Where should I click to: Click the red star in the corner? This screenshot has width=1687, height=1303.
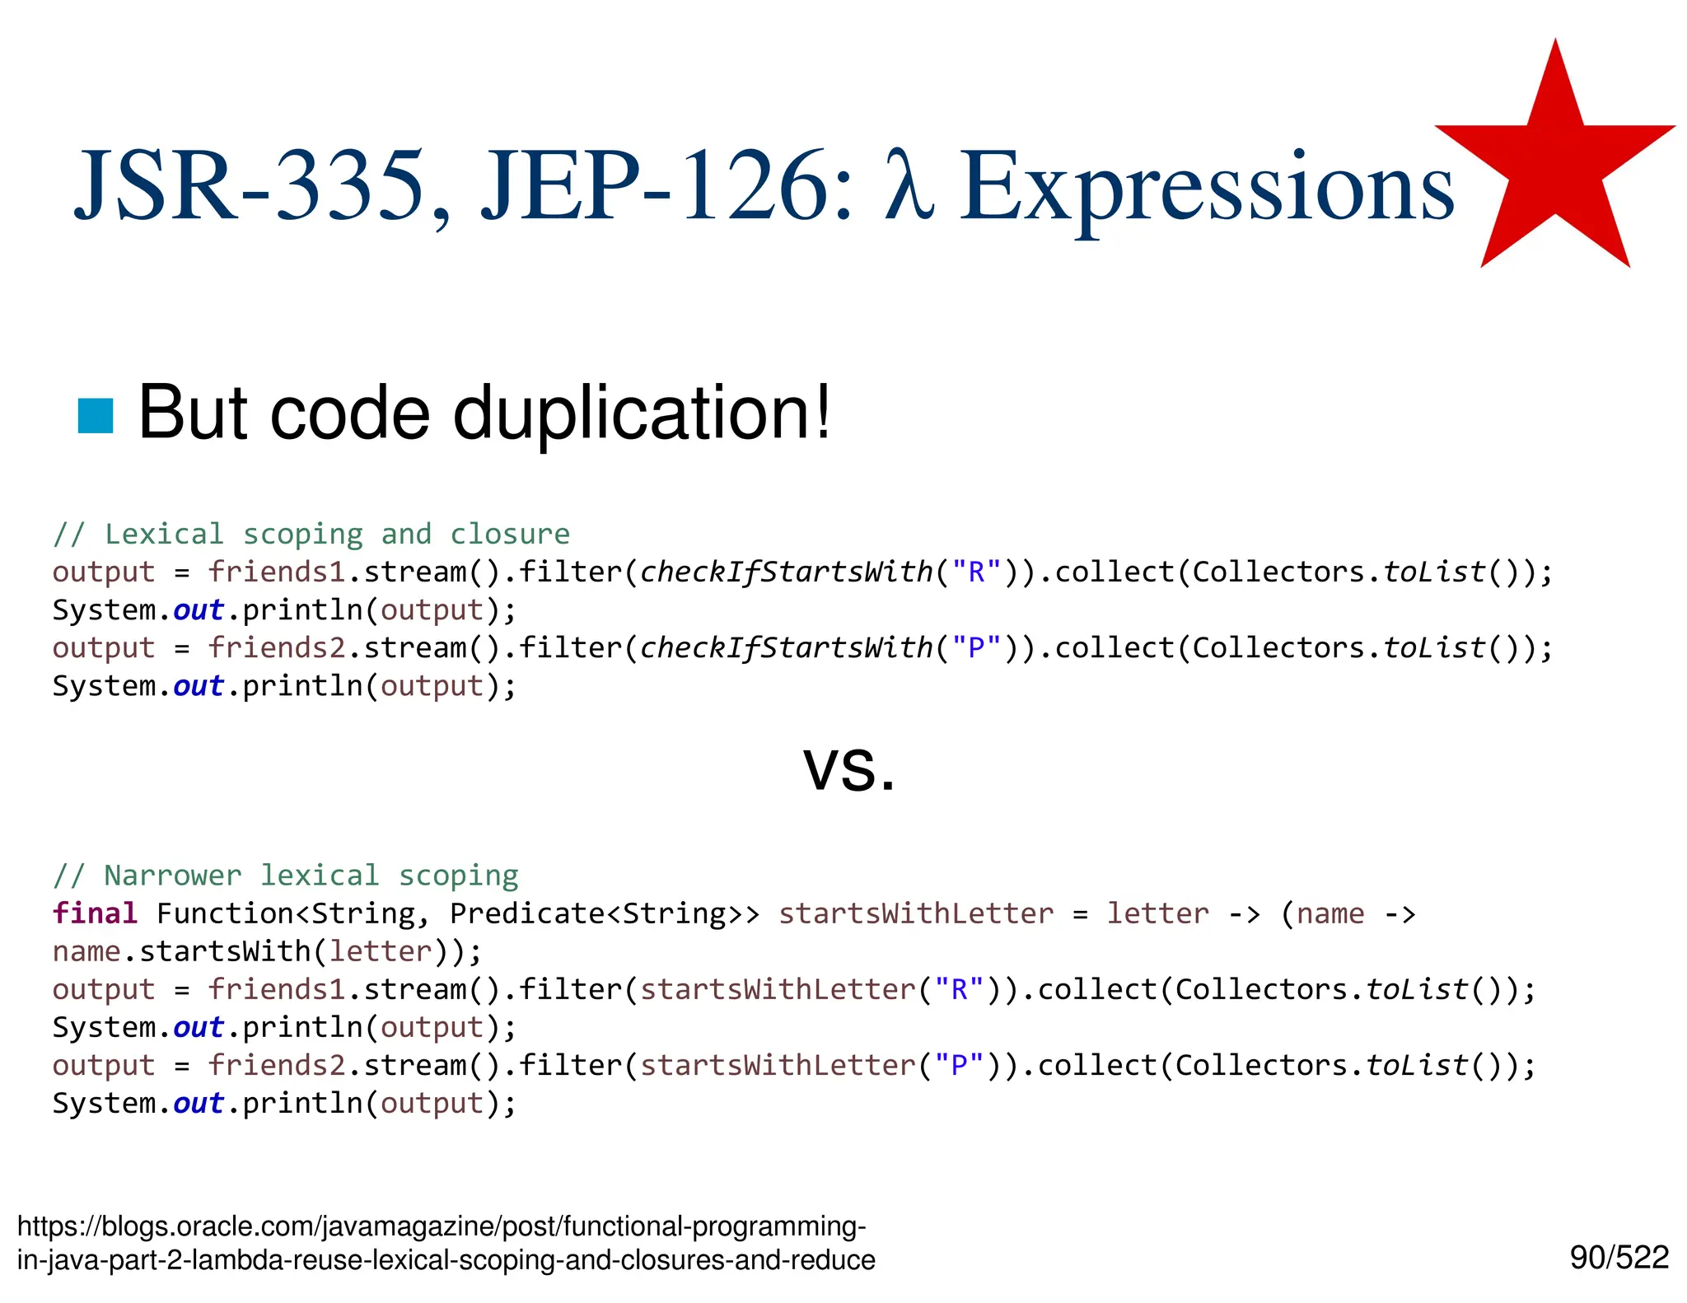tap(1555, 165)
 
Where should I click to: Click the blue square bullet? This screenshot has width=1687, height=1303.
tap(95, 415)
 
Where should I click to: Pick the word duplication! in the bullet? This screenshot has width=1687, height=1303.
tap(642, 413)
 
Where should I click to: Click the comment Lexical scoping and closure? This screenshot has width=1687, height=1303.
tap(311, 535)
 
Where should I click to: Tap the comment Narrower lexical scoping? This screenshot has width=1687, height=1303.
tap(286, 876)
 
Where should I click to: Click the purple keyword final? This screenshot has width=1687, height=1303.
tap(95, 913)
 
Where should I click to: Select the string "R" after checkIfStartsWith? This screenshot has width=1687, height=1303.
tap(976, 572)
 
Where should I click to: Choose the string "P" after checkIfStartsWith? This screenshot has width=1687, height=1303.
tap(976, 648)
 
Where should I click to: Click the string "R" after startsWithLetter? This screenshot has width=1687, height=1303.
tap(959, 989)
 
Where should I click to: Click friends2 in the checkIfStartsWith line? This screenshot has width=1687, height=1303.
tap(277, 648)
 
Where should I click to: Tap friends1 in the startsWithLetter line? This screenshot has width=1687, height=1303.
tap(277, 989)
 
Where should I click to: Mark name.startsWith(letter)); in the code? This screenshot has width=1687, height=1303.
tap(267, 951)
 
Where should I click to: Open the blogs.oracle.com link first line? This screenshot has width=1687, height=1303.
tap(442, 1226)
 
